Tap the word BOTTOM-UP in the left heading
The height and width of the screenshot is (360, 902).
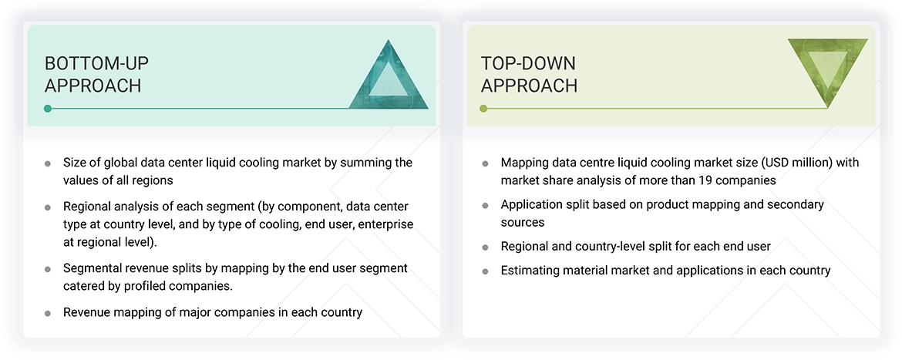click(x=96, y=63)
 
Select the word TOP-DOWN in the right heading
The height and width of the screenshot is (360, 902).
click(x=520, y=63)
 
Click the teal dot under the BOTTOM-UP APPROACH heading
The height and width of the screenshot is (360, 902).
click(x=48, y=108)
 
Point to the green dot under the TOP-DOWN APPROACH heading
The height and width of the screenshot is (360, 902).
click(x=484, y=108)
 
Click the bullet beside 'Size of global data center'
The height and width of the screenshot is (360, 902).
click(x=48, y=164)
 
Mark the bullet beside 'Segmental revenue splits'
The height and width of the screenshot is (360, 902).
click(x=48, y=269)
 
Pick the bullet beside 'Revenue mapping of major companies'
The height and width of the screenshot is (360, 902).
click(x=48, y=314)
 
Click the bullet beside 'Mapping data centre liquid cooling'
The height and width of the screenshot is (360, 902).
click(x=486, y=164)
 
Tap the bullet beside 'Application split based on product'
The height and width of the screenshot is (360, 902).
click(x=486, y=205)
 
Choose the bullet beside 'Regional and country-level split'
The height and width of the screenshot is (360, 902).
click(x=486, y=247)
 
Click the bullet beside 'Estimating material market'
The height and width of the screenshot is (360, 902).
click(x=486, y=271)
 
